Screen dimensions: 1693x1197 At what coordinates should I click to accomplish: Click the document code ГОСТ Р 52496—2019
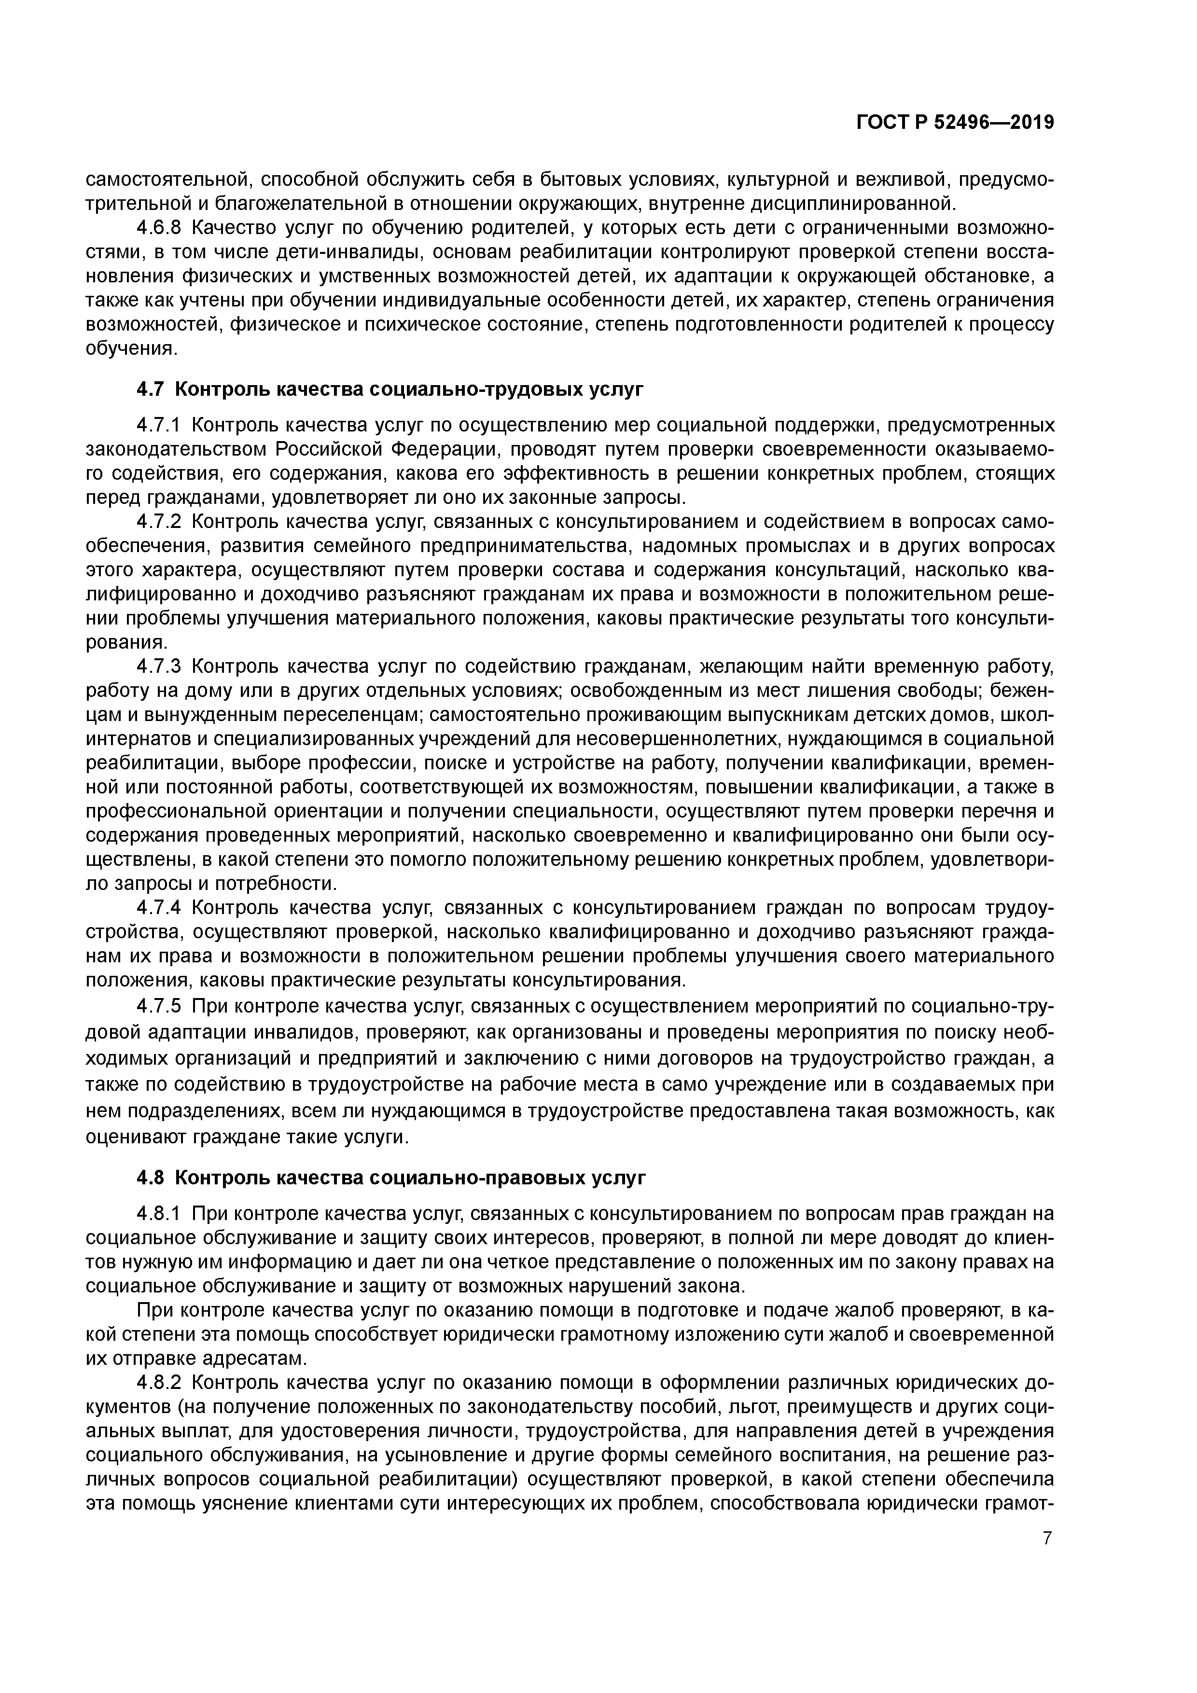point(955,123)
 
